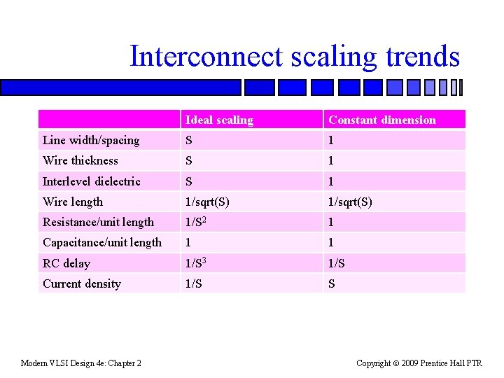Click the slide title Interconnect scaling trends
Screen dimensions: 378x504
pos(294,57)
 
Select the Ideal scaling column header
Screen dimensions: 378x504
pos(219,120)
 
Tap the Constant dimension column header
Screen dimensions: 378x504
pos(381,120)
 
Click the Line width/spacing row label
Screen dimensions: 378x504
pos(91,140)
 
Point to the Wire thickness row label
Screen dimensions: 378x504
pos(80,160)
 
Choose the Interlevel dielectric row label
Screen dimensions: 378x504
pos(92,181)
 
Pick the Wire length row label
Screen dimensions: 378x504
pos(73,202)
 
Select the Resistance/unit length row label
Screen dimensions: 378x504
pos(98,222)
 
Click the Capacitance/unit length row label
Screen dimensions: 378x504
pos(102,242)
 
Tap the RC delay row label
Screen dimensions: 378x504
pos(66,263)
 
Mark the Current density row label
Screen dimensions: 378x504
pos(82,283)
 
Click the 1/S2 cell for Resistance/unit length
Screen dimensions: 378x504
pos(195,222)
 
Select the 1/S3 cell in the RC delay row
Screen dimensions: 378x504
pos(195,263)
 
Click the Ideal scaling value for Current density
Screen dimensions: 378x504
pos(193,283)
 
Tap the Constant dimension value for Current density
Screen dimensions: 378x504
pos(332,283)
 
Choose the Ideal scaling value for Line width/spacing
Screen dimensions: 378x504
pos(189,140)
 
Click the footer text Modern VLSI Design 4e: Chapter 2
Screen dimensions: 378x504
pos(81,363)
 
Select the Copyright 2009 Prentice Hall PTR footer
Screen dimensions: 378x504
pos(419,363)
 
